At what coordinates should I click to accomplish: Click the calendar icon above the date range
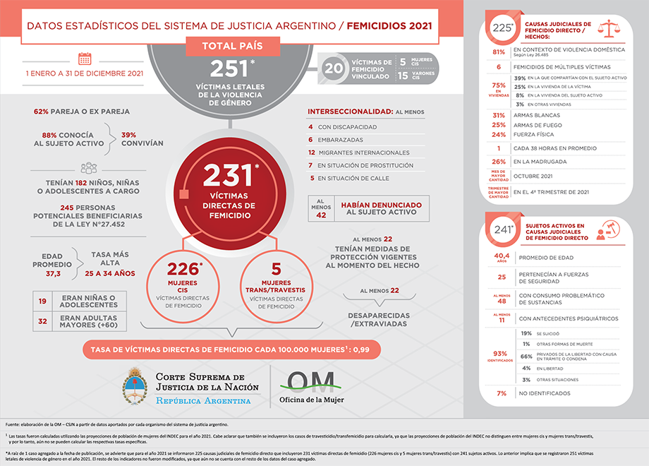(85, 59)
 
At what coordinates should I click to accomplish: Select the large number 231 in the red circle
(227, 174)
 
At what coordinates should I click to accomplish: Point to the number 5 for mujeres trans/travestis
(277, 268)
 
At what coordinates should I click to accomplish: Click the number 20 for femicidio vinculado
(333, 68)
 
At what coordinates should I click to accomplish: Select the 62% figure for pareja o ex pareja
(42, 112)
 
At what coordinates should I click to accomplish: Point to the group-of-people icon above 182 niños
(89, 168)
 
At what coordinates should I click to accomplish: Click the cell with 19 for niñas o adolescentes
(42, 302)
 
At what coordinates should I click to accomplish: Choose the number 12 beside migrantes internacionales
(311, 153)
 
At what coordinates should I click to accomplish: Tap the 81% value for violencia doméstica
(498, 52)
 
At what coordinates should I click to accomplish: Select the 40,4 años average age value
(502, 256)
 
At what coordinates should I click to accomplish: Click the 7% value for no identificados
(502, 393)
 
